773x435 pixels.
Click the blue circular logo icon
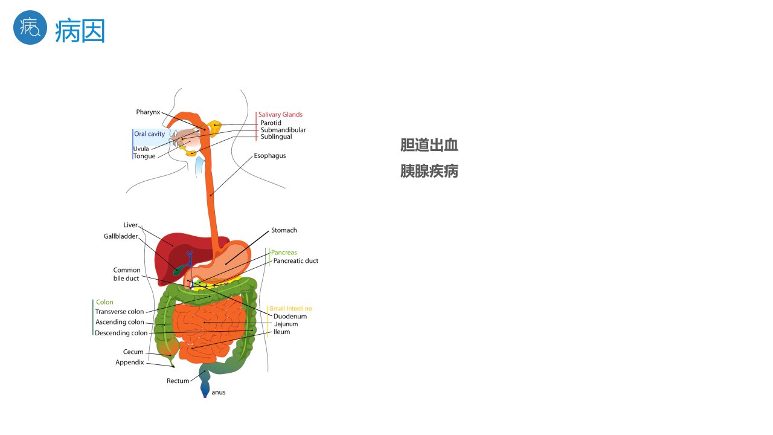coord(30,28)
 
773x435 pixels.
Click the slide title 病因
coord(80,31)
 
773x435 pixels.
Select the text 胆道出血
coord(429,145)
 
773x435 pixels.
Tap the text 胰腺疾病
coord(429,171)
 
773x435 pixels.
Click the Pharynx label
coord(148,112)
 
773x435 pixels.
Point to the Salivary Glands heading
coord(280,115)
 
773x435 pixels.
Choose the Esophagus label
coord(270,156)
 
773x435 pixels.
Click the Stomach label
coord(284,230)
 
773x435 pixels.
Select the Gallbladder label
coord(121,236)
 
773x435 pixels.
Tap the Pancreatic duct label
coord(296,260)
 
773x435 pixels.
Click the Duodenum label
coord(290,316)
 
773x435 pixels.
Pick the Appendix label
coord(129,362)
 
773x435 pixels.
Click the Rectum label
coord(178,381)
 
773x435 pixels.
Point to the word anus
coord(219,392)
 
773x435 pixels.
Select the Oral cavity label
coord(149,134)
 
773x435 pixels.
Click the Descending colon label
coord(121,333)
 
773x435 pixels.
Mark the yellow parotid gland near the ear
coord(214,128)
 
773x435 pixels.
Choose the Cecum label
coord(133,352)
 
